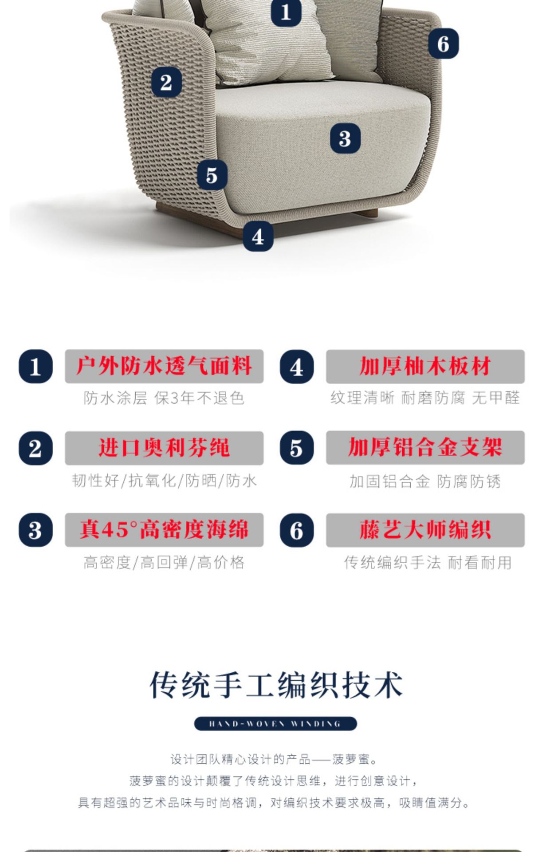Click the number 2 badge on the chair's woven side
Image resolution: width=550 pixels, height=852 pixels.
(x=166, y=83)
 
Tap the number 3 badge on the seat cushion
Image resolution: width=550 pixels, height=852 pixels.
(x=345, y=138)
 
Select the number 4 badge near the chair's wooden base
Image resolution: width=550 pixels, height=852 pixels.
(x=258, y=237)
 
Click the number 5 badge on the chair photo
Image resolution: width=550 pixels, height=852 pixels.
(x=212, y=175)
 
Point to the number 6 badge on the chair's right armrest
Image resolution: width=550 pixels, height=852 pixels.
(x=443, y=43)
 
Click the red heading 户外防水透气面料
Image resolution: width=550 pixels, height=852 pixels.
(x=164, y=367)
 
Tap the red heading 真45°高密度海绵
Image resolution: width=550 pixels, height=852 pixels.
(x=164, y=530)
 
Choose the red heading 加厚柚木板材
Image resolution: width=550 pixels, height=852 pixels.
(x=425, y=367)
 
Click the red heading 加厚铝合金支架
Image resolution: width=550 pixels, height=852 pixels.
(x=425, y=448)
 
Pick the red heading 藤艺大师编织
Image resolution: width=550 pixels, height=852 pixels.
(x=425, y=530)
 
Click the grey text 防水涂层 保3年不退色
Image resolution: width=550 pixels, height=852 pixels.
(x=164, y=398)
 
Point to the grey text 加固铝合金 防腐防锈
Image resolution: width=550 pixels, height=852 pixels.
(x=425, y=481)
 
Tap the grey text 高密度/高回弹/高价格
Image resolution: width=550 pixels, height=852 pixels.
(x=164, y=563)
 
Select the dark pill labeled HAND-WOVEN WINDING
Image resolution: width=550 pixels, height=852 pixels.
(x=275, y=724)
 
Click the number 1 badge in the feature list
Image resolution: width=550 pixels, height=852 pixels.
(x=35, y=367)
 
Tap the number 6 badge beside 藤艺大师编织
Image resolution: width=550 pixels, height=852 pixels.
(x=297, y=530)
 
